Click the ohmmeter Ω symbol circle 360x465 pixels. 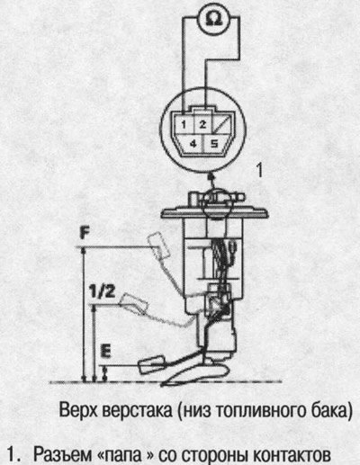click(214, 20)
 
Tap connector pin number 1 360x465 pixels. click(184, 124)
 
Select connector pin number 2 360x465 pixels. click(202, 124)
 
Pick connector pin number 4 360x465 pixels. click(193, 144)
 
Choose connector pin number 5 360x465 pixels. click(214, 144)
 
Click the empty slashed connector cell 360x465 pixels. click(223, 124)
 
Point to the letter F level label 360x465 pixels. click(85, 234)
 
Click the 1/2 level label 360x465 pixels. click(103, 291)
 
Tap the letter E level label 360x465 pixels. click(106, 351)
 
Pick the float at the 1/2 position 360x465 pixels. click(134, 304)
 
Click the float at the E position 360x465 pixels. click(152, 364)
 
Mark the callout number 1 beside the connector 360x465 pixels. click(259, 170)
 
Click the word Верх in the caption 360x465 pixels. click(79, 411)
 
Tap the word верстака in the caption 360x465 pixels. click(138, 411)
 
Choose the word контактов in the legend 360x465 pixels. click(292, 455)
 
